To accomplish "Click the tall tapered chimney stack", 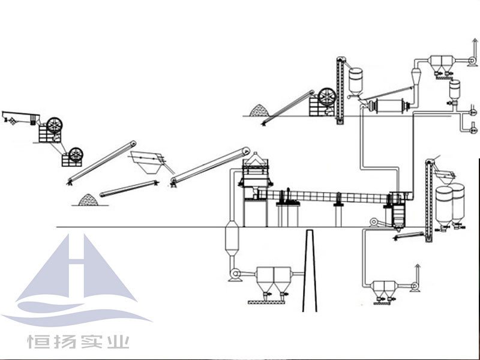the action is [x=310, y=271].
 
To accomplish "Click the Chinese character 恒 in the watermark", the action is [x=35, y=341].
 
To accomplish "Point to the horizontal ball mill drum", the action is [x=389, y=106].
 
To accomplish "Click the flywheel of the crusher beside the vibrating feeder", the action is [x=55, y=125].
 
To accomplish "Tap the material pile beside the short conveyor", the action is [x=88, y=200].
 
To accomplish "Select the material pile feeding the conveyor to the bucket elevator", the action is [x=259, y=110].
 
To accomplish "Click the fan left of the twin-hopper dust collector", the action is [x=235, y=274].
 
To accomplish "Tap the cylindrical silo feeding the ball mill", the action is [x=356, y=81].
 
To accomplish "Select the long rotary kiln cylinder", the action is [x=325, y=196].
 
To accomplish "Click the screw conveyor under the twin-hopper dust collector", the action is [x=266, y=302].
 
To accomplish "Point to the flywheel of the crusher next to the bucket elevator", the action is [x=327, y=97].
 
